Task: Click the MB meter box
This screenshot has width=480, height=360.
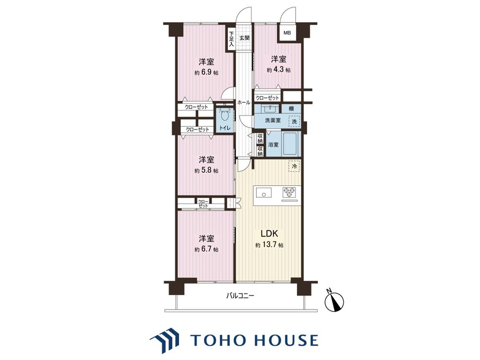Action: point(287,33)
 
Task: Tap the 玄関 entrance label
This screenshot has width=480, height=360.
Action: point(244,38)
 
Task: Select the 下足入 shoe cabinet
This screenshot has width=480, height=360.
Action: point(231,38)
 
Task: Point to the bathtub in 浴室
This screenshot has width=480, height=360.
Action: point(291,144)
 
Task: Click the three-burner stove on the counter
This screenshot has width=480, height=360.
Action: point(289,194)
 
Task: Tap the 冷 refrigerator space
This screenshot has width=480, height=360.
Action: point(294,166)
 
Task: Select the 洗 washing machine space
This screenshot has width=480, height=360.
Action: point(294,121)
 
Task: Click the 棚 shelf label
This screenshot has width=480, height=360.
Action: point(291,108)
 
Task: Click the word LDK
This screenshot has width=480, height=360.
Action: point(269,234)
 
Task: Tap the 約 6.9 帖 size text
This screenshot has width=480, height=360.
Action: point(206,73)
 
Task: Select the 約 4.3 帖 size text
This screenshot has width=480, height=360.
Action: point(278,70)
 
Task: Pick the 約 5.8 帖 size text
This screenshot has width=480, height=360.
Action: point(206,170)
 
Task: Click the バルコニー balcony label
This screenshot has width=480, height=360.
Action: point(240,296)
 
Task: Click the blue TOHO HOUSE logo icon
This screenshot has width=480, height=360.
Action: point(164,340)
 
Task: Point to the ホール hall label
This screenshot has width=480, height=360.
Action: point(244,103)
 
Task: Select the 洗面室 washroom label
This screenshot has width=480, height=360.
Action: point(273,120)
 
